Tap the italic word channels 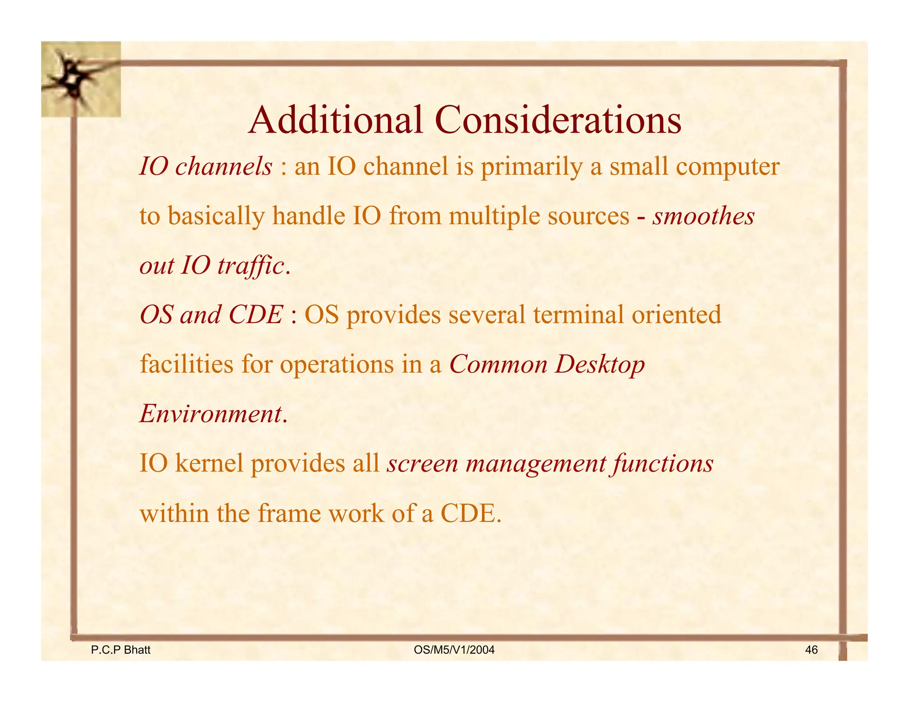tap(223, 167)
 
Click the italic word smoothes tap(703, 217)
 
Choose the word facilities tap(187, 365)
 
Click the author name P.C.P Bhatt tap(121, 650)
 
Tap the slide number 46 tap(811, 650)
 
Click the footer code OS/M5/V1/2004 tap(454, 650)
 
